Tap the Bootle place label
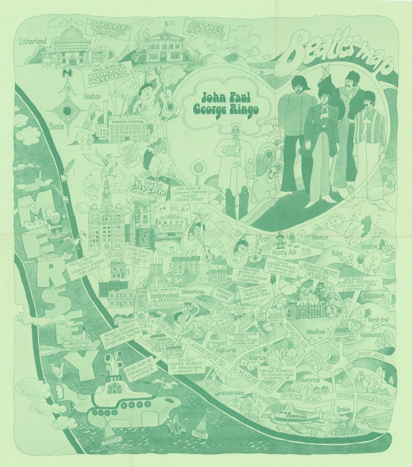click(56, 126)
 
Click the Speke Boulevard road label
click(363, 398)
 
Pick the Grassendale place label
click(229, 393)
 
